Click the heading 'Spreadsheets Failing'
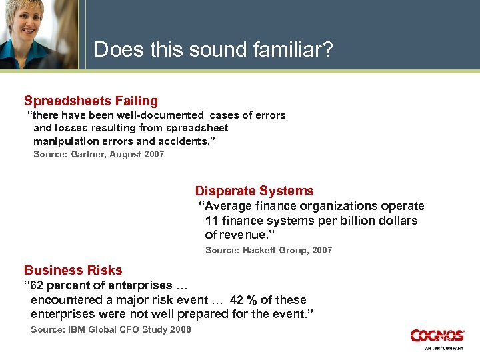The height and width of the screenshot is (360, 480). coord(91,101)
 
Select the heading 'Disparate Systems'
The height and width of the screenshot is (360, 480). coord(254,191)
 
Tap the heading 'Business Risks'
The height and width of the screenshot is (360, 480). coord(73,270)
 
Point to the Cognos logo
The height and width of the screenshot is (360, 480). coord(437,335)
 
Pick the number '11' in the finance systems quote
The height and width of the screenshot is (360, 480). coord(212,221)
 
